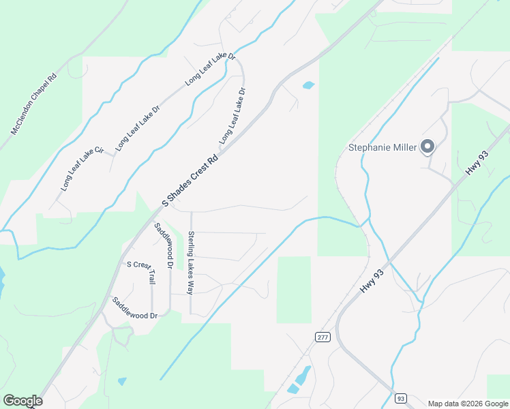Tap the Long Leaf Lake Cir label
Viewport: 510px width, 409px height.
click(82, 168)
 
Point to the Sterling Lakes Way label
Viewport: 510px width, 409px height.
click(191, 262)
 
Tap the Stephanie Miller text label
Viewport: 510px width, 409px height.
click(382, 147)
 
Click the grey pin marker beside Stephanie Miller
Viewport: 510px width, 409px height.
click(427, 146)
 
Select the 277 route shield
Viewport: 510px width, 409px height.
click(322, 337)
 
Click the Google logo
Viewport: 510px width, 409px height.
click(22, 401)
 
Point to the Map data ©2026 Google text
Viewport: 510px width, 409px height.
click(468, 404)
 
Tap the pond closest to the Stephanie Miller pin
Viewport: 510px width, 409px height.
click(308, 86)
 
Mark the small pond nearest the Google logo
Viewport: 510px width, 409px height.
click(121, 381)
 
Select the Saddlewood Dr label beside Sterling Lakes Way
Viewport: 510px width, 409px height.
click(164, 245)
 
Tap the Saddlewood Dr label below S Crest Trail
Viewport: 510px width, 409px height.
click(135, 308)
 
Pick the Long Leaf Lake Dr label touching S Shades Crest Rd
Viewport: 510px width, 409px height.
click(232, 115)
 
